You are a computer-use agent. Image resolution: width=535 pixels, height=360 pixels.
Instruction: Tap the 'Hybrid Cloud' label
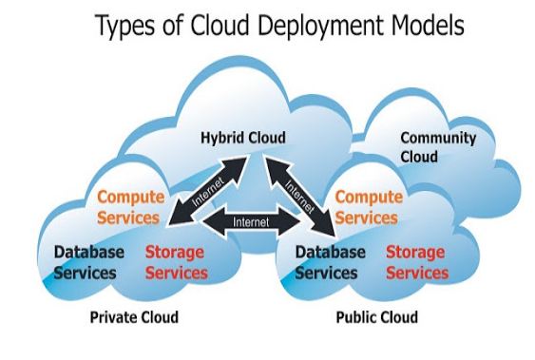pos(242,138)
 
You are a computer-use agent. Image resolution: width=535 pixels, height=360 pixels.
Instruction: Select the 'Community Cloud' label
pos(438,146)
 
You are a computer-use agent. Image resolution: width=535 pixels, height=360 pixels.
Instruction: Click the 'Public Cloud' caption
pos(376,315)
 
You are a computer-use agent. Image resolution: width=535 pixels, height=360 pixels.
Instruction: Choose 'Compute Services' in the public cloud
pos(369,207)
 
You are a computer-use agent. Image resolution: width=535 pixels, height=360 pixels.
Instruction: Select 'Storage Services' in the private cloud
pos(177,262)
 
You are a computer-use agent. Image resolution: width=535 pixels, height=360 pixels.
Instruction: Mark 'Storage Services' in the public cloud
pos(416,262)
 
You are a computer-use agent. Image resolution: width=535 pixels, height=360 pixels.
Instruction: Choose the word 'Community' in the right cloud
pos(438,138)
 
